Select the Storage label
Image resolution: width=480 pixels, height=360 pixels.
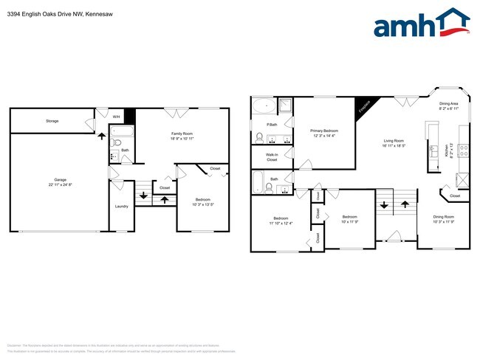tap(52, 121)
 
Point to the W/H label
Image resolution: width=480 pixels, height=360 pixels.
tap(116, 117)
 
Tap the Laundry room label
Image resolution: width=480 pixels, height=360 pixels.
tap(122, 206)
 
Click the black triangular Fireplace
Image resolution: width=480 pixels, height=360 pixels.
tap(364, 107)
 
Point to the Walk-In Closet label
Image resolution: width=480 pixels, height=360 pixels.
tap(272, 156)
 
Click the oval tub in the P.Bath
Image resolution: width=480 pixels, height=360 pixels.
tap(263, 106)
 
